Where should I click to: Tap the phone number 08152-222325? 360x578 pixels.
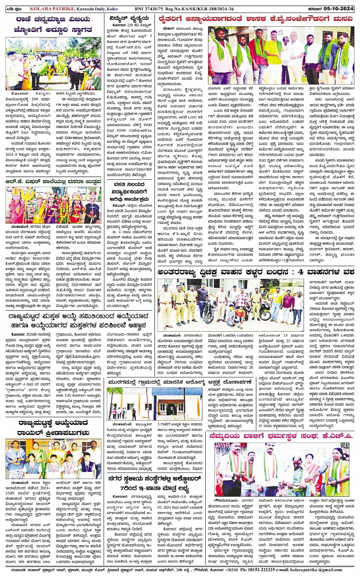click(258, 570)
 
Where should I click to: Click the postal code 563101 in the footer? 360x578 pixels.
click(229, 570)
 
